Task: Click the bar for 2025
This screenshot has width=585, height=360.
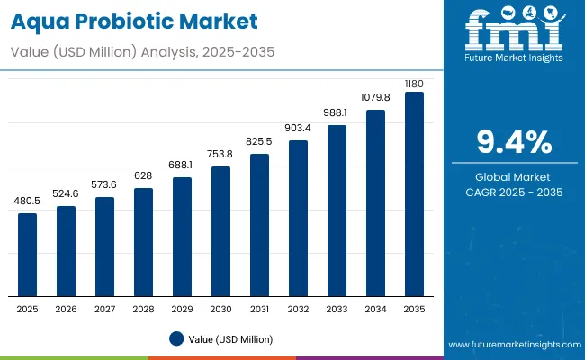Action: click(28, 255)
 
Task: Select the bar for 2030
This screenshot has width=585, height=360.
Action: click(220, 231)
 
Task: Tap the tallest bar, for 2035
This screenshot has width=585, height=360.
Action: click(414, 194)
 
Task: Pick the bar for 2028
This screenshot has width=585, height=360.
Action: click(143, 242)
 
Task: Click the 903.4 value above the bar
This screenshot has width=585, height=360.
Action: click(298, 130)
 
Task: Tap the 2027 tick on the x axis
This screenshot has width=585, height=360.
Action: click(104, 309)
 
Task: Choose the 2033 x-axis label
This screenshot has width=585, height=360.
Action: click(337, 309)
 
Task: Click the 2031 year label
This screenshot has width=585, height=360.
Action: click(259, 309)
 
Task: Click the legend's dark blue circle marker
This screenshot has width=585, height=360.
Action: click(176, 338)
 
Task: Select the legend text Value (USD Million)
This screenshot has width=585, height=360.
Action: click(230, 339)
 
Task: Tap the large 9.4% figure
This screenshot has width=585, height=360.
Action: click(514, 142)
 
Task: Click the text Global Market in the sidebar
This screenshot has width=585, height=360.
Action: click(514, 176)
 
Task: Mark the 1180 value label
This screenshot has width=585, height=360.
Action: click(414, 83)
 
